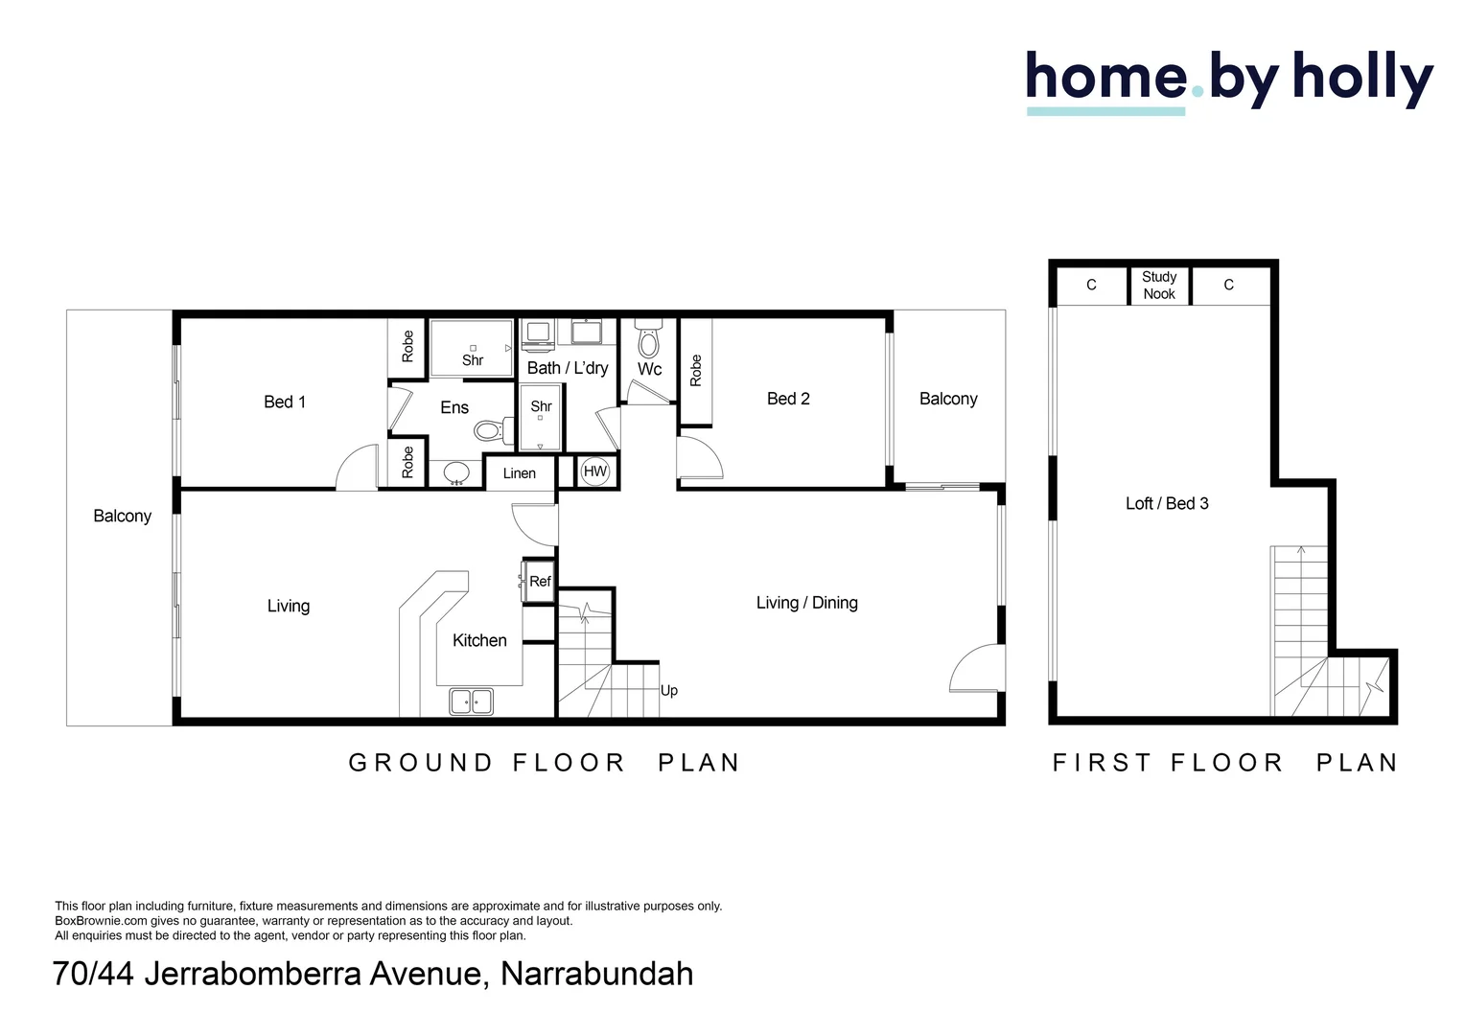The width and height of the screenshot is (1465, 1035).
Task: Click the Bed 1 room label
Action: tap(285, 402)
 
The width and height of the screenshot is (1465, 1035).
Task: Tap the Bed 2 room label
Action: tap(788, 399)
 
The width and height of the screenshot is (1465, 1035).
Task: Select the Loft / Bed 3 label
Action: tap(1167, 503)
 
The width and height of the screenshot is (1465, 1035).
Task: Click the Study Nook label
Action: tap(1159, 286)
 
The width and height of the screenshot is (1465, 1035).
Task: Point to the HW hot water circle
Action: tap(595, 471)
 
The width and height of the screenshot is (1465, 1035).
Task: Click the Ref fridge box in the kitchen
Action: tap(540, 582)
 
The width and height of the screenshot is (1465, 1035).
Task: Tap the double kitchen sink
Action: tap(471, 701)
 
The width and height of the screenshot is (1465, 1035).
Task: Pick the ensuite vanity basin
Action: tap(456, 472)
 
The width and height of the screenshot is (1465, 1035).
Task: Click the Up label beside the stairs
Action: tap(669, 690)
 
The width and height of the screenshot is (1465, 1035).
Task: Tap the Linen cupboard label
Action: tap(520, 473)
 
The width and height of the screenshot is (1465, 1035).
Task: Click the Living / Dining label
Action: tap(806, 603)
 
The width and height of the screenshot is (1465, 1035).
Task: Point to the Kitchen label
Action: tap(479, 640)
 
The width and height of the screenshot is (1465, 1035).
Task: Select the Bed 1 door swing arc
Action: tap(356, 469)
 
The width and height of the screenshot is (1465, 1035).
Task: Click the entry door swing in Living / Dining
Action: tap(976, 669)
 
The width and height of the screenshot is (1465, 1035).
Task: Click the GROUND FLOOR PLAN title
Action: tap(545, 763)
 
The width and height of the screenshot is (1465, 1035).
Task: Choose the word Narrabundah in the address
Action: tap(596, 974)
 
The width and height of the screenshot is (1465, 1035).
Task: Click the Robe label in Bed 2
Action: tap(696, 371)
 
